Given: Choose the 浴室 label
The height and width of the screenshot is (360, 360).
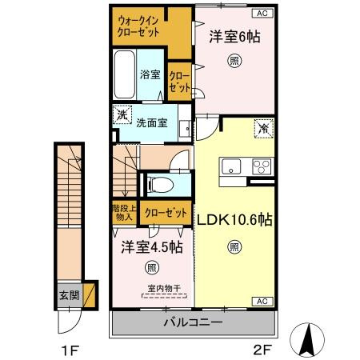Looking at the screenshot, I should (x=150, y=74).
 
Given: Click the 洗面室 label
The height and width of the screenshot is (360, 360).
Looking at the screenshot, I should (x=150, y=123).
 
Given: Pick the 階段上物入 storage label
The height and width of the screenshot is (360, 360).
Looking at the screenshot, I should (x=125, y=213).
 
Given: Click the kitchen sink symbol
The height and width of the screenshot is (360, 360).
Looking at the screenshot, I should (x=231, y=166).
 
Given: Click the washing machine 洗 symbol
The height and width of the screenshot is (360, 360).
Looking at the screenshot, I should (x=122, y=115).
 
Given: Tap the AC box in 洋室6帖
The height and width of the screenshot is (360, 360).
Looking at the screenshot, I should (x=262, y=13).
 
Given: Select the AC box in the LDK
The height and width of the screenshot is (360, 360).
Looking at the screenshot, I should (x=262, y=301).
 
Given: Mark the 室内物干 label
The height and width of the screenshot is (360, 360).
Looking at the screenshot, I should (x=162, y=289).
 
